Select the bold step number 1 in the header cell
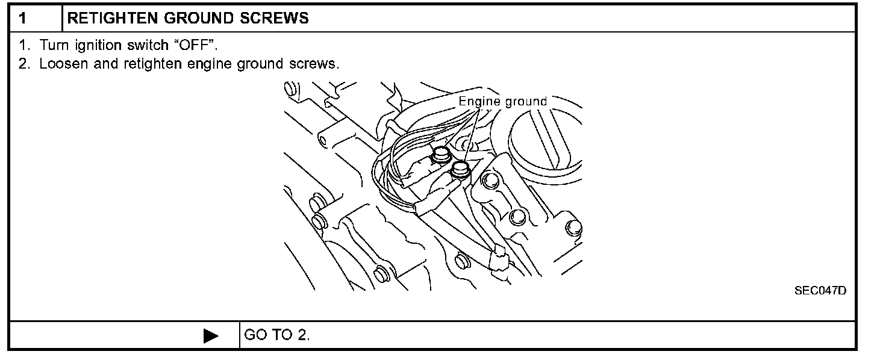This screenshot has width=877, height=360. [22, 18]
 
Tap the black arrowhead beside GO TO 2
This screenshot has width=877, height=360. [211, 335]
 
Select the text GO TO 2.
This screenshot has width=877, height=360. [277, 335]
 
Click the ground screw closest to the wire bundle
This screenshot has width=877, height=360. [442, 154]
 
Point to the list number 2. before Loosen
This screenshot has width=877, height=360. [23, 64]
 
